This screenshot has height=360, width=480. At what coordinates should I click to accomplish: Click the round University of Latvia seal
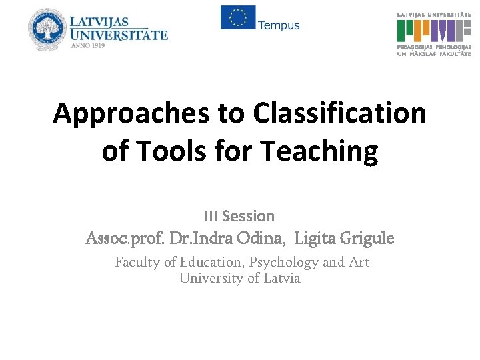click(x=49, y=30)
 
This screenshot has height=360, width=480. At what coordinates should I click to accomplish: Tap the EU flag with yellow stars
click(x=237, y=17)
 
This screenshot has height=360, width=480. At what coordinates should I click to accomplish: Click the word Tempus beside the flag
click(x=279, y=25)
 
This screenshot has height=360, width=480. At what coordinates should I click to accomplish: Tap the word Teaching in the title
click(x=319, y=152)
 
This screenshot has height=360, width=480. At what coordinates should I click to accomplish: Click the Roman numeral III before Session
click(x=211, y=216)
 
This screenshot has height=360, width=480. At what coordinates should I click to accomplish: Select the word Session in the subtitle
click(x=248, y=216)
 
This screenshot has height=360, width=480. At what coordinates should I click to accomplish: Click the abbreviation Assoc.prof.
click(x=125, y=238)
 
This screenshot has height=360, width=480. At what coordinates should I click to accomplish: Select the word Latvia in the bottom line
click(x=282, y=278)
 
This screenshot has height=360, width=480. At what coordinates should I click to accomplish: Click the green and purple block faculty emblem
click(x=434, y=31)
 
